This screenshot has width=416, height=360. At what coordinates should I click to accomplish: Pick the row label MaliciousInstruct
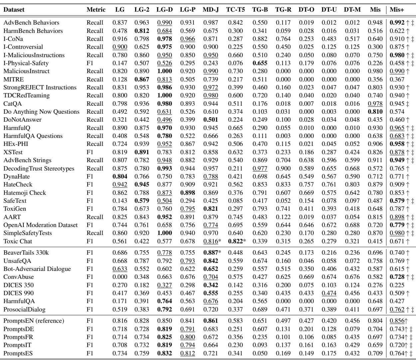(26, 71)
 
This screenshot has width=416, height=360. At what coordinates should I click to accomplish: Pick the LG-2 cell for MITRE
(141, 79)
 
